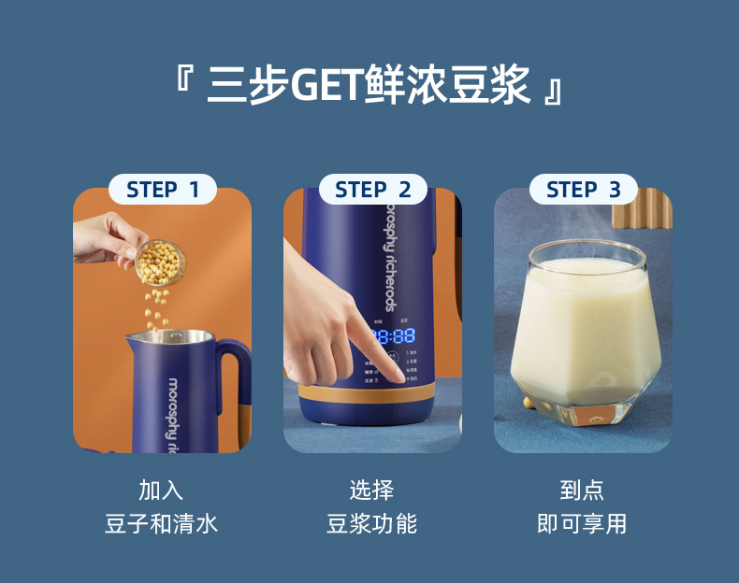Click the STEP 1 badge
tap(163, 190)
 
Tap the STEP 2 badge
tap(373, 190)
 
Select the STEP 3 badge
tap(584, 190)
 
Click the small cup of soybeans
tap(160, 261)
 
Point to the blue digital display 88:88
tap(392, 336)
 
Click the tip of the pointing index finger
tap(403, 375)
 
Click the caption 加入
tap(162, 490)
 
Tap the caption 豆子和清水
tap(162, 523)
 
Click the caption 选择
tap(372, 490)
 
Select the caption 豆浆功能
tap(372, 523)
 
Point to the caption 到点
tap(582, 490)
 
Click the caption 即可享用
tap(582, 523)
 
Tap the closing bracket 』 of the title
tap(553, 92)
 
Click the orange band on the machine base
tap(374, 391)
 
